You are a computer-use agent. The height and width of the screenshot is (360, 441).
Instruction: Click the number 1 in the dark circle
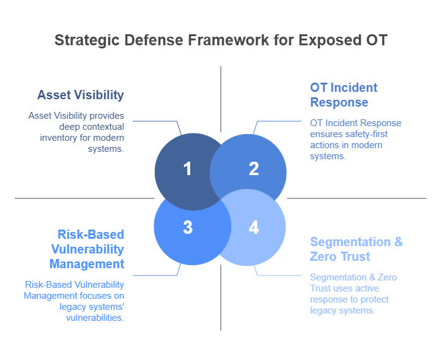(188, 169)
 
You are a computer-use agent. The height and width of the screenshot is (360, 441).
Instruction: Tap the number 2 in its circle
(254, 169)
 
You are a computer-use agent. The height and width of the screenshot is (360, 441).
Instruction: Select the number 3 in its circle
(188, 227)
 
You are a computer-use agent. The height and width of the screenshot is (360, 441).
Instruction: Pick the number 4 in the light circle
(254, 227)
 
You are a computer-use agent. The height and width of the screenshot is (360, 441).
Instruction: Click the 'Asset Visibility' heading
(81, 95)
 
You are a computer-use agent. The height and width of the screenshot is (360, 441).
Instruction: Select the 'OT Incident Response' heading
(344, 95)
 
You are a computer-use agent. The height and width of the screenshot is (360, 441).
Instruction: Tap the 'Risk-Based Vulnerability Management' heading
(87, 249)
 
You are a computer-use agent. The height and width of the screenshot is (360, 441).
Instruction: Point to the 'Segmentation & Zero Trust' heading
(357, 249)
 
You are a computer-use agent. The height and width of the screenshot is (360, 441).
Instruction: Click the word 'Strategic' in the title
(87, 40)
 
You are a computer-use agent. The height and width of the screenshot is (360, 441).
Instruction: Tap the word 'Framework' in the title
(228, 40)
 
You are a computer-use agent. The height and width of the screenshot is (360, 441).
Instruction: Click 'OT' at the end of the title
(377, 40)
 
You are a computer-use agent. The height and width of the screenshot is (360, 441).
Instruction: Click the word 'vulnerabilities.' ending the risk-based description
(95, 318)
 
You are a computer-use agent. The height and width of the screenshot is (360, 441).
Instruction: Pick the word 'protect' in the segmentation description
(374, 299)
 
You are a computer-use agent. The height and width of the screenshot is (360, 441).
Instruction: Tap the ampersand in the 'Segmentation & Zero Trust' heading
(399, 242)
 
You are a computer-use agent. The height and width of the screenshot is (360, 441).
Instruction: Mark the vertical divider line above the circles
(221, 99)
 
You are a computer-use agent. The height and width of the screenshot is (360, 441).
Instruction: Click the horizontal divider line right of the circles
(357, 198)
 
